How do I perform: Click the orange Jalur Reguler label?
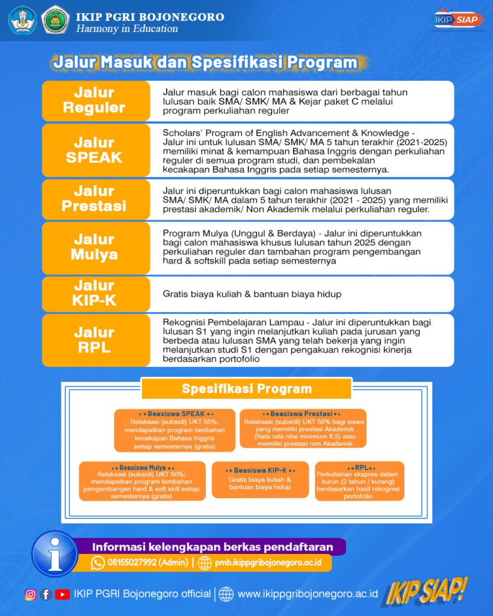click(95, 100)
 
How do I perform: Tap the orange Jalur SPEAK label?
click(95, 150)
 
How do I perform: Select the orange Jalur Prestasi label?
click(95, 199)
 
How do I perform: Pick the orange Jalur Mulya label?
click(95, 247)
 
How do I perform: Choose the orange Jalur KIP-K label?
click(95, 294)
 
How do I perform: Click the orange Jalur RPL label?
click(95, 340)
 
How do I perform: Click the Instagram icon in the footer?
click(30, 594)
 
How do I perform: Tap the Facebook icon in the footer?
click(46, 594)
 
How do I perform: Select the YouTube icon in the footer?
click(62, 594)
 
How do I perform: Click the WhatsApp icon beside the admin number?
click(98, 562)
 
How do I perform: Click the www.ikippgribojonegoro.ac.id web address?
click(308, 594)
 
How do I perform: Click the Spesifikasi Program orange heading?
click(246, 389)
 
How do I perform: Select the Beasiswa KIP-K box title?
click(260, 470)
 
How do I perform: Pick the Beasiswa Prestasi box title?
click(302, 414)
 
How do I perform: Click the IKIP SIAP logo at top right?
click(459, 19)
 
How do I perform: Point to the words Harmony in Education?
click(127, 29)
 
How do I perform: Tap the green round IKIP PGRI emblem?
click(56, 20)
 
